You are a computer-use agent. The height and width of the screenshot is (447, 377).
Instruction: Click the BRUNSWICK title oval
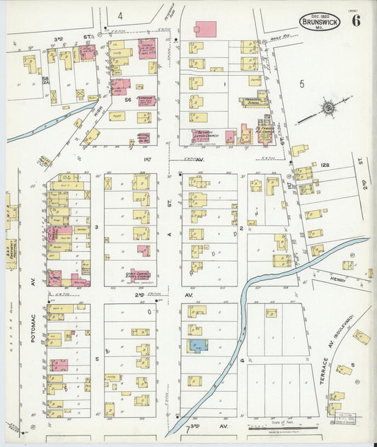tap(320, 21)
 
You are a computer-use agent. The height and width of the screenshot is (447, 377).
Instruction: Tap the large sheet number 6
tap(355, 21)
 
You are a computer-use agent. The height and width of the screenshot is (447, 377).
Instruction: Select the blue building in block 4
tap(197, 346)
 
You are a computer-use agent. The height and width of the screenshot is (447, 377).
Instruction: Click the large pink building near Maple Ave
tap(205, 29)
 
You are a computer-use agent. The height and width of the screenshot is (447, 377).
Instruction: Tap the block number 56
tap(128, 100)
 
